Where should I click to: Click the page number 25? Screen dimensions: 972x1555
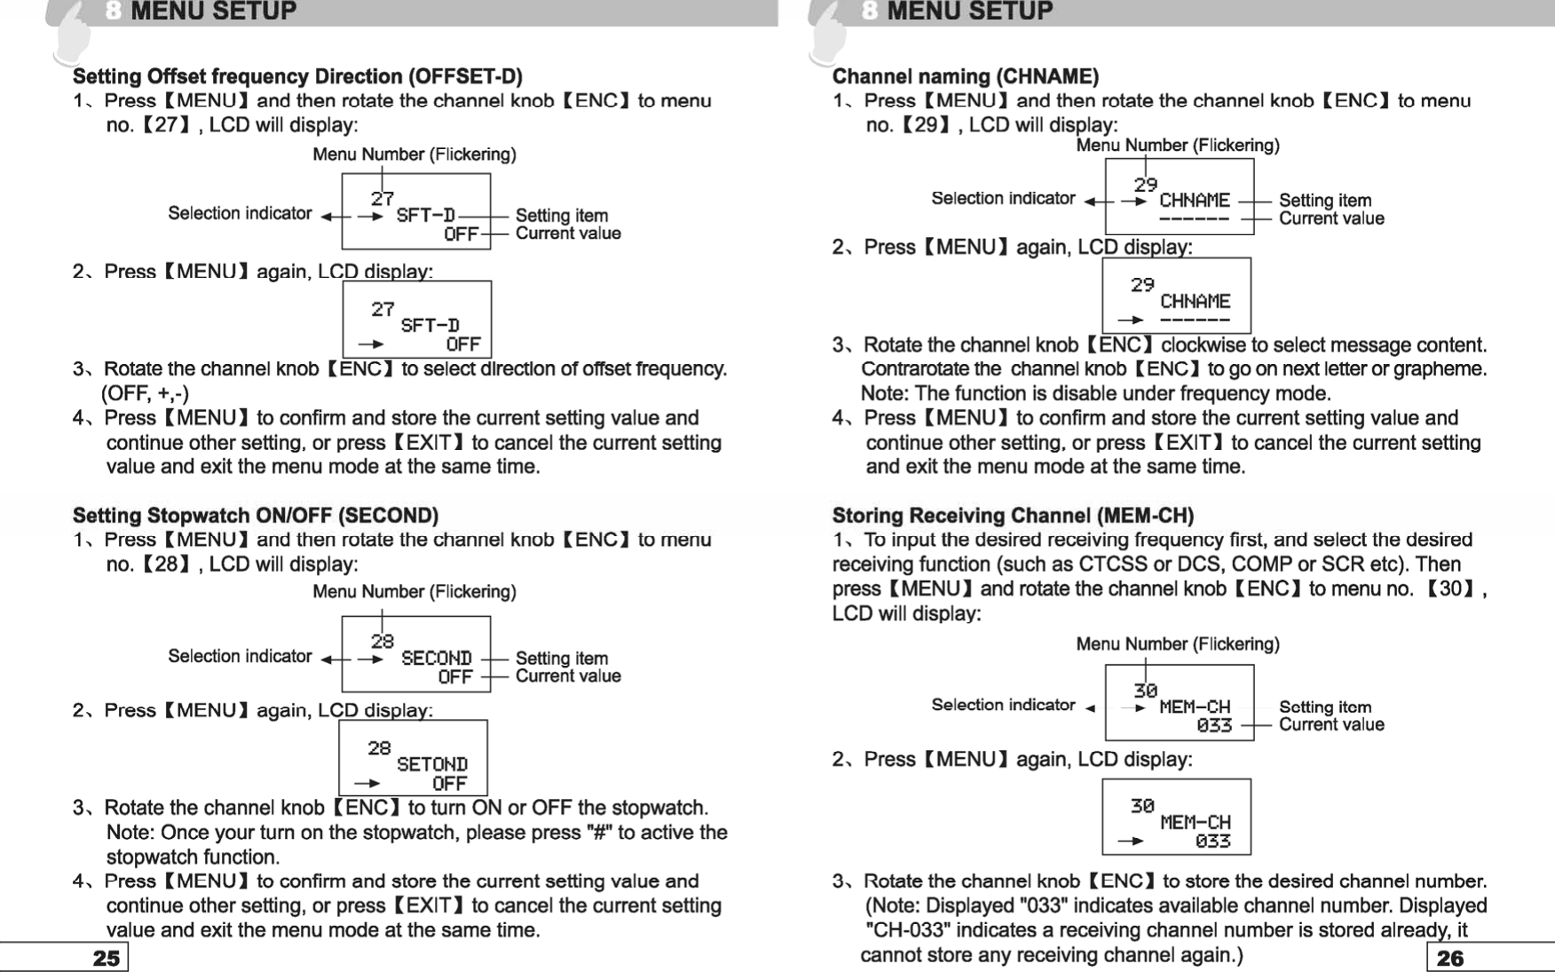106,958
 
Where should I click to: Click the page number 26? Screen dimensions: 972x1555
1449,958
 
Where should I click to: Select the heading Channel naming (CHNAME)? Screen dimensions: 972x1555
965,76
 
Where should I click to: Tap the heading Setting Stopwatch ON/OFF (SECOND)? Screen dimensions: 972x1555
256,516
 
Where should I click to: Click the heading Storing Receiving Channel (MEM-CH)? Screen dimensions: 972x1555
1013,516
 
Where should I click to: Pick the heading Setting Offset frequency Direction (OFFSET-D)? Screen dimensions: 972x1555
297,76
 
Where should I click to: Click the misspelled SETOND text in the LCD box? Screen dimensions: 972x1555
431,764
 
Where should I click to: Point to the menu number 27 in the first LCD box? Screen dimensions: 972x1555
383,199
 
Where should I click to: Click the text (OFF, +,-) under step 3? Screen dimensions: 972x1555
146,393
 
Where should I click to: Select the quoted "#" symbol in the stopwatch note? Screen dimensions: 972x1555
598,833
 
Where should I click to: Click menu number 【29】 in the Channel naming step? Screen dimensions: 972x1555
926,125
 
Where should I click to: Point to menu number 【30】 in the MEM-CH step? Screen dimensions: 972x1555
1450,589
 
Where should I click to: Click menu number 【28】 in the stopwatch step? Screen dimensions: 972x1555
166,565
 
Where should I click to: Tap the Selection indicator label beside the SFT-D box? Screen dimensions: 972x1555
240,213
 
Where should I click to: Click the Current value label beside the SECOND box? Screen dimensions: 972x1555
568,676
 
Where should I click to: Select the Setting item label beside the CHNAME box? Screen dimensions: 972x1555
1325,201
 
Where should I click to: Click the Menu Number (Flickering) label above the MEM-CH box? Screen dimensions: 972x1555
1177,644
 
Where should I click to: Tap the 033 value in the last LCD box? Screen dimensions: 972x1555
1212,841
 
